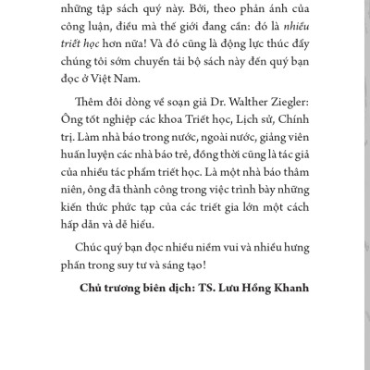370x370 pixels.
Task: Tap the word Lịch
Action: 242,146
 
